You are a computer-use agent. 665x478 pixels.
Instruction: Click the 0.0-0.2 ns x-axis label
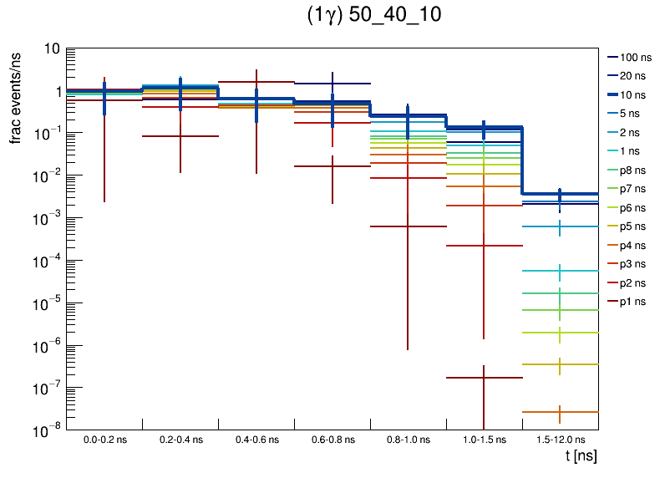pos(104,440)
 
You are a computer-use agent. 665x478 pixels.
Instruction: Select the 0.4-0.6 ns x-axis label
pos(256,440)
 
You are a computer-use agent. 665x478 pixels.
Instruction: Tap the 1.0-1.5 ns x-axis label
pos(484,440)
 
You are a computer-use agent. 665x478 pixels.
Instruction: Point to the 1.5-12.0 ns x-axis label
pos(560,440)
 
